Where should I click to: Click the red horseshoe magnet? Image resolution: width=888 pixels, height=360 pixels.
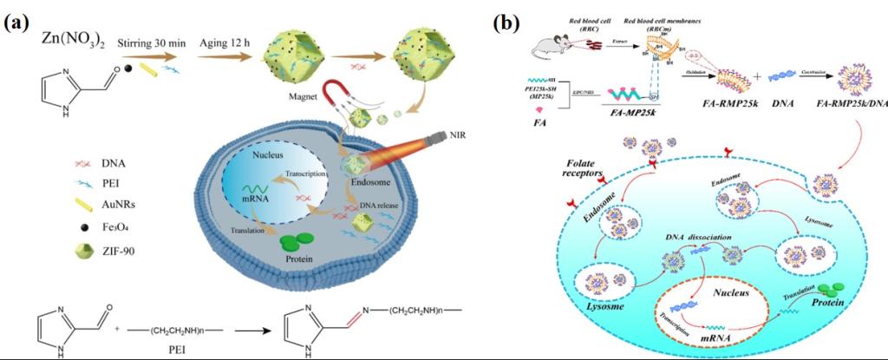click(339, 93)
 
